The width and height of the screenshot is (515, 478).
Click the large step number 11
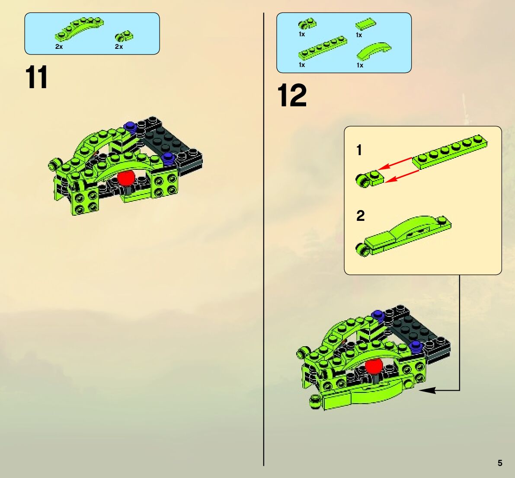coord(36,77)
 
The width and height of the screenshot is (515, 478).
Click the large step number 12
coord(292,95)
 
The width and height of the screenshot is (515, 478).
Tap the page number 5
coord(500,463)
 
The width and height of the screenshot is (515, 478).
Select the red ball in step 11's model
coord(126,178)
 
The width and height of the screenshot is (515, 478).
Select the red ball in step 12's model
coord(374,366)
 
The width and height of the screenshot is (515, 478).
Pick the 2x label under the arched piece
coord(59,47)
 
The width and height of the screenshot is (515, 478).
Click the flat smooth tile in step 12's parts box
coord(365,24)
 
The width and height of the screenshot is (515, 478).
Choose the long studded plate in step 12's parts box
coord(323,48)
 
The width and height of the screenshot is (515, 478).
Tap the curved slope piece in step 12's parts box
coord(374,51)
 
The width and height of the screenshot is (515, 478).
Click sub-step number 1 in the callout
coord(359,150)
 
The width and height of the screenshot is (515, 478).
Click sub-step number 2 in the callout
coord(360,216)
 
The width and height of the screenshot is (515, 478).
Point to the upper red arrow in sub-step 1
coord(396,163)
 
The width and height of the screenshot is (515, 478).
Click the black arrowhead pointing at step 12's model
coord(428,390)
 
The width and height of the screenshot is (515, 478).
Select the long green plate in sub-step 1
coord(450,151)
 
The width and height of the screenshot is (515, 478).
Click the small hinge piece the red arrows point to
coord(370,179)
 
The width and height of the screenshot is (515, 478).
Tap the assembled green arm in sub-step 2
coord(403,235)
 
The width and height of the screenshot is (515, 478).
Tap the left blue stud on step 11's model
coord(131,127)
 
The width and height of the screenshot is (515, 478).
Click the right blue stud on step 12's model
coord(416,345)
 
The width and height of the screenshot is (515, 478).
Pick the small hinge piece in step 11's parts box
coord(124,36)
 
